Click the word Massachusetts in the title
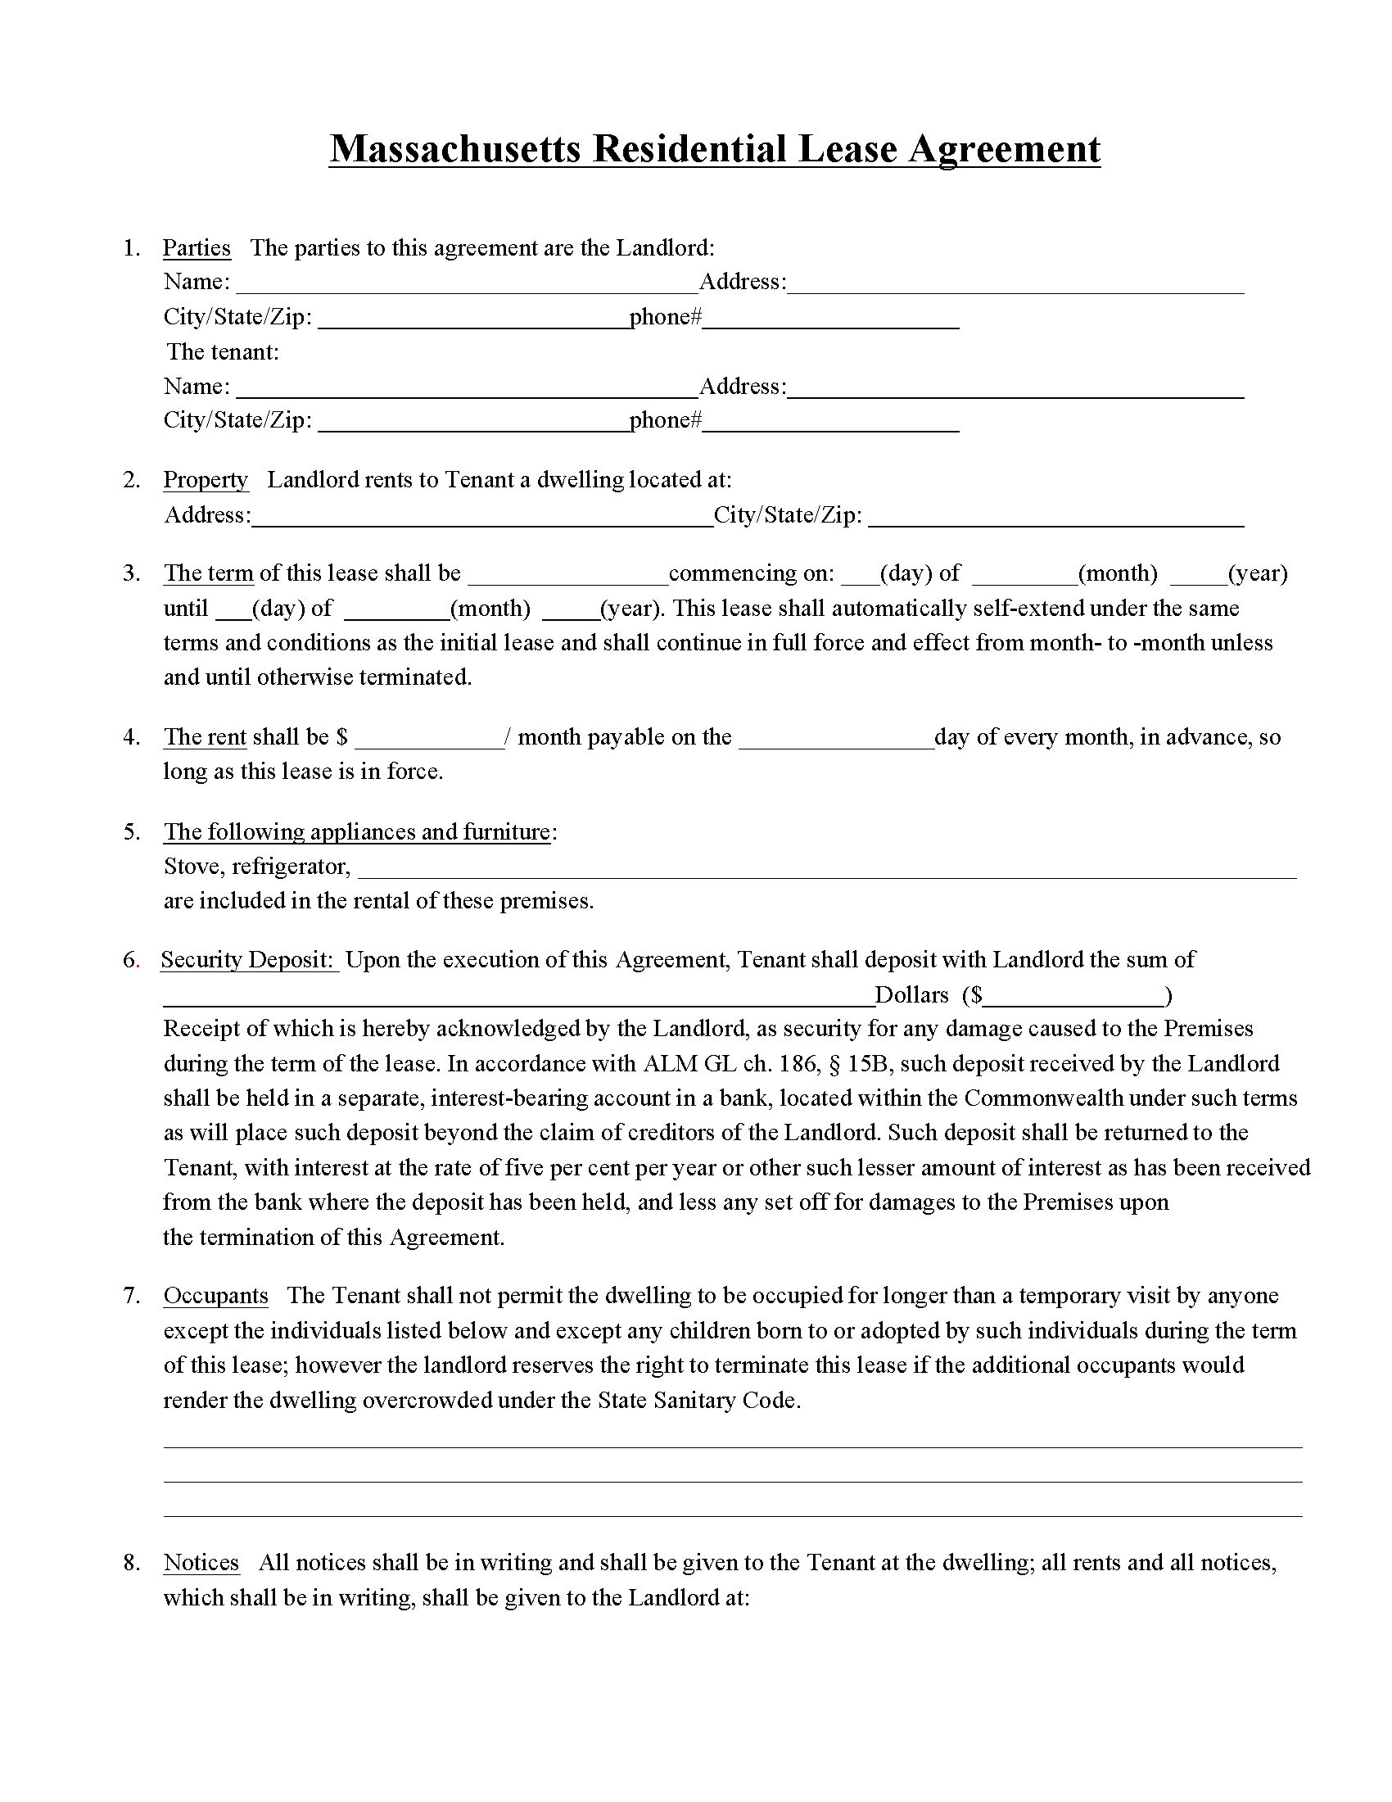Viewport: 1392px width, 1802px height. pyautogui.click(x=454, y=149)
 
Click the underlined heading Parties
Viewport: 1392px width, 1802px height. pyautogui.click(x=197, y=247)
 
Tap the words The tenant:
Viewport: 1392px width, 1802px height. pyautogui.click(x=223, y=352)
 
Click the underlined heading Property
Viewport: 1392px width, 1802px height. pyautogui.click(x=206, y=479)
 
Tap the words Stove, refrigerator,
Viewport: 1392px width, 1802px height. pyautogui.click(x=257, y=867)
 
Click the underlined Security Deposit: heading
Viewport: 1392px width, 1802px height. pyautogui.click(x=248, y=960)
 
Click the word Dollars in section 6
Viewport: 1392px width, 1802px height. pyautogui.click(x=911, y=995)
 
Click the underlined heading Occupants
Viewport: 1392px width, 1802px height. pyautogui.click(x=216, y=1296)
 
